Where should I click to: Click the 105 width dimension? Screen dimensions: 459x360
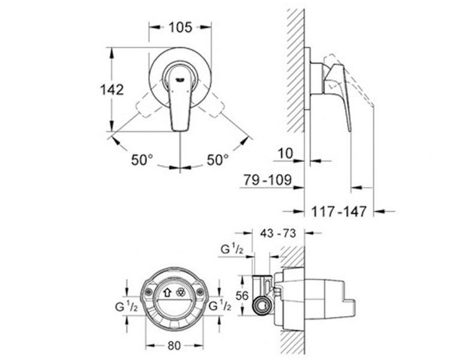(x=181, y=27)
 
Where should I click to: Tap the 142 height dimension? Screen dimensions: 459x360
(x=112, y=89)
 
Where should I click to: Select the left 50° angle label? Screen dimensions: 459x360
(x=142, y=160)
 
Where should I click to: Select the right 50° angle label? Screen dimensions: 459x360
(x=218, y=160)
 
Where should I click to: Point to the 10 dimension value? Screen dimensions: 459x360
(x=285, y=154)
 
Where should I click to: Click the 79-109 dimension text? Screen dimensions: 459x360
(x=268, y=180)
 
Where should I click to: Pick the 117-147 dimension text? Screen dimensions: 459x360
(x=338, y=211)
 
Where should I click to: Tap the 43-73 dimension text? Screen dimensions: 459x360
(x=278, y=233)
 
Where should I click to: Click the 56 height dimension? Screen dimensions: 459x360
(x=242, y=296)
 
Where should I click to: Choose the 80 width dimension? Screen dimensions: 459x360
(x=174, y=346)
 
